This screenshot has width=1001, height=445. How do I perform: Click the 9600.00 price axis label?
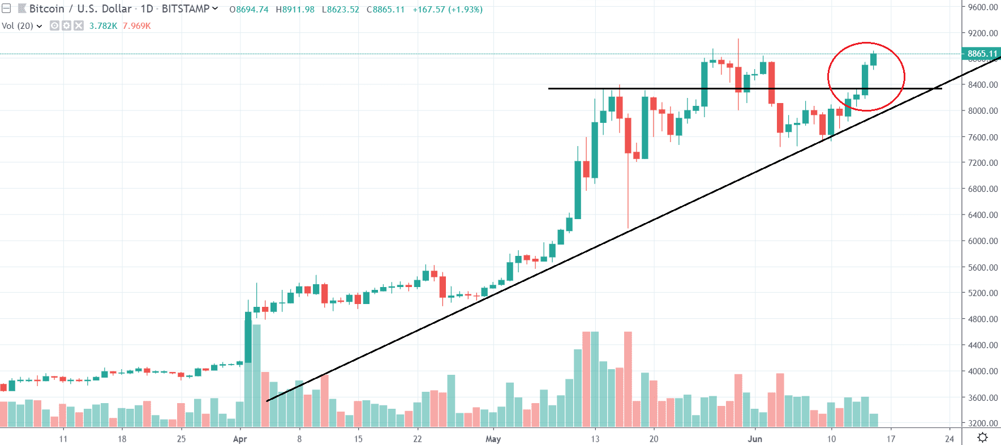coord(982,7)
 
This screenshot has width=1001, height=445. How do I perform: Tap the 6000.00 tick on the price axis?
coord(982,241)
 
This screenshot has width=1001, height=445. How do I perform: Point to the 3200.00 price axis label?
coord(982,423)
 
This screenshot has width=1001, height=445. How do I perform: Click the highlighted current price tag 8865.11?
coord(982,54)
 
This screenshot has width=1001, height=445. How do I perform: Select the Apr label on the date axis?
coord(240,439)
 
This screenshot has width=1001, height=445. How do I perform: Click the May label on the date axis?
coord(493,439)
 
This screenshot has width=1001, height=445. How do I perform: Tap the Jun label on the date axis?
coord(754,439)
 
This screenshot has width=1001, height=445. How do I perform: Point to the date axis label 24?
coord(950,439)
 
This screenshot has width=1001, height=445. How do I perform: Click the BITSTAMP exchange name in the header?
coord(186,9)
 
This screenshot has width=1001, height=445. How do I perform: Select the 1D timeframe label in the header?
coord(147,9)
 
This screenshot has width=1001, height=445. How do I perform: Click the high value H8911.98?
coord(295,10)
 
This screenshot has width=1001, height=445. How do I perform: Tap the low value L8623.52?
coord(340,10)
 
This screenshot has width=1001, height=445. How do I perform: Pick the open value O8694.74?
coord(249,10)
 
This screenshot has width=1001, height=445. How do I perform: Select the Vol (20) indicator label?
coord(18,26)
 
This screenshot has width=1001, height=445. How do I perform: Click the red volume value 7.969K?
coord(137,26)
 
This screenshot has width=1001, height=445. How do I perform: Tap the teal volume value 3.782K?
coord(103,26)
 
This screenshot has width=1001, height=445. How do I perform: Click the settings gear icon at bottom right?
coord(982,438)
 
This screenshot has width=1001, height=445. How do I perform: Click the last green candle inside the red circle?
coord(874,59)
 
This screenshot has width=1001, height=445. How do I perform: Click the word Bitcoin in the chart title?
coord(47,9)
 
